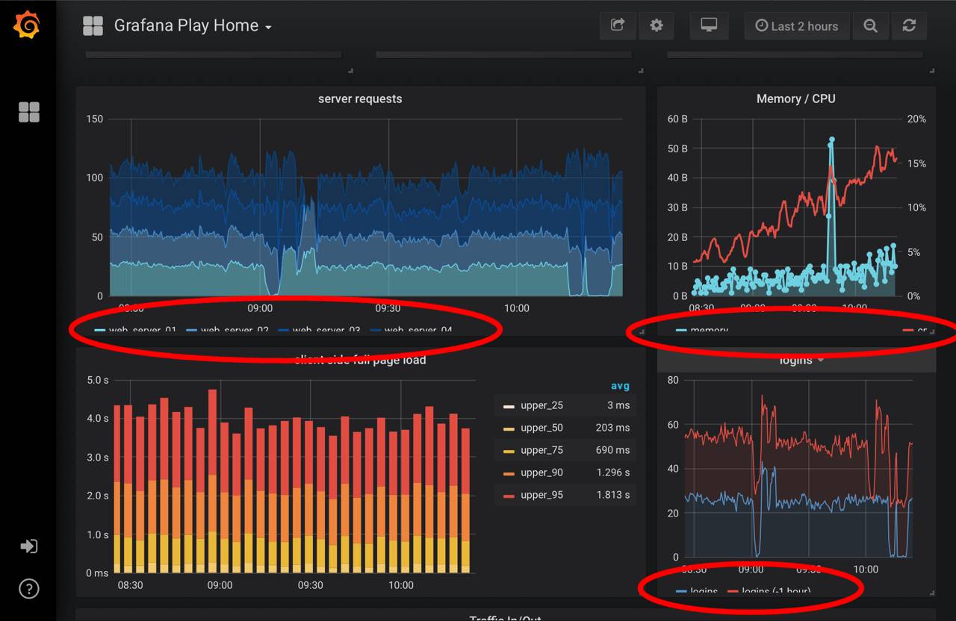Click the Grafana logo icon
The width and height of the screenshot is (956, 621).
pyautogui.click(x=27, y=25)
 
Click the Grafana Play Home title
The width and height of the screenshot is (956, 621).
pyautogui.click(x=186, y=25)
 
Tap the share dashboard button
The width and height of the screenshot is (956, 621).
pyautogui.click(x=618, y=25)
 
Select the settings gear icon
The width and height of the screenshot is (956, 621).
pyautogui.click(x=657, y=25)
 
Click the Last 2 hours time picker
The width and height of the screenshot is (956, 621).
pyautogui.click(x=796, y=26)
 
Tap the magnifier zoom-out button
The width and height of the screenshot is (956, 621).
pyautogui.click(x=871, y=25)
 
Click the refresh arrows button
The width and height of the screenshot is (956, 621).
pyautogui.click(x=909, y=25)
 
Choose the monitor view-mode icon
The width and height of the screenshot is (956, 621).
pyautogui.click(x=709, y=25)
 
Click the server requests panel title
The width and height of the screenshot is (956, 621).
pyautogui.click(x=360, y=99)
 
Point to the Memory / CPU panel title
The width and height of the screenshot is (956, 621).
pyautogui.click(x=796, y=99)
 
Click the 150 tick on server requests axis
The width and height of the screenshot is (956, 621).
pyautogui.click(x=95, y=119)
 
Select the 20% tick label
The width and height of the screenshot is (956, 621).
pyautogui.click(x=916, y=119)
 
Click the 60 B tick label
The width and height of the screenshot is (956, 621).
pyautogui.click(x=677, y=119)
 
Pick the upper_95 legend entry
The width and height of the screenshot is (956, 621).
pyautogui.click(x=541, y=495)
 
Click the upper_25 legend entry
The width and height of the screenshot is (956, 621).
pyautogui.click(x=541, y=405)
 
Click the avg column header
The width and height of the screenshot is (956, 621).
pyautogui.click(x=620, y=386)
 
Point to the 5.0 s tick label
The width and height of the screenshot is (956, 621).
pyautogui.click(x=97, y=380)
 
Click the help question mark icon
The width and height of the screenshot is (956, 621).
pyautogui.click(x=28, y=588)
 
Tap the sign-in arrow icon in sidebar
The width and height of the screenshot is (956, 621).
pyautogui.click(x=28, y=546)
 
